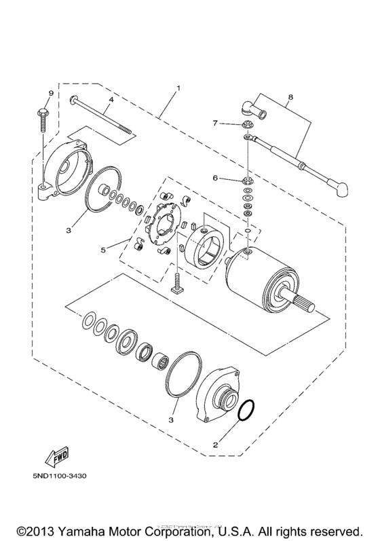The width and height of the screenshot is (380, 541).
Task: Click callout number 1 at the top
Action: [178, 88]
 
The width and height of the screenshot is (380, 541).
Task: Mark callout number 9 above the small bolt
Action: [50, 92]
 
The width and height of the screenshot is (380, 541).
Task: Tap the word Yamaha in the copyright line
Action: [90, 529]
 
